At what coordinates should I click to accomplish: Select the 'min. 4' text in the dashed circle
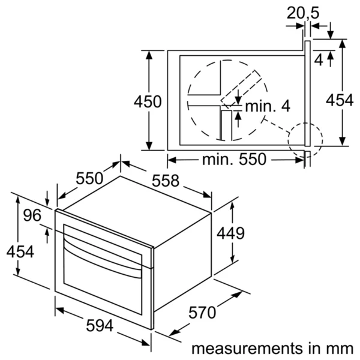tap(268, 106)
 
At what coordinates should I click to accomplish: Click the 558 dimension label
tap(166, 181)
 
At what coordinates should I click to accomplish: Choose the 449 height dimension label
tap(231, 233)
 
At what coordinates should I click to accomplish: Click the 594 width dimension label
tap(100, 326)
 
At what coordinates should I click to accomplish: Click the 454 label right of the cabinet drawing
tap(340, 101)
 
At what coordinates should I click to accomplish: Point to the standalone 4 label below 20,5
tap(318, 59)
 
